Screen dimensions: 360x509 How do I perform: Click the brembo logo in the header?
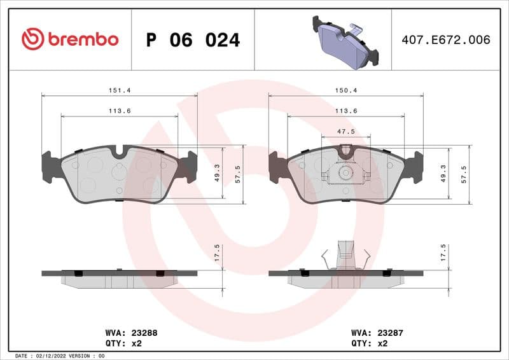tap(70, 39)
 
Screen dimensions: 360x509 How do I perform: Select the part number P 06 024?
tap(193, 40)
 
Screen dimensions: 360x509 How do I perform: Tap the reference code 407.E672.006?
tap(445, 40)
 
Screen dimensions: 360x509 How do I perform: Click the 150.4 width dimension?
tap(346, 90)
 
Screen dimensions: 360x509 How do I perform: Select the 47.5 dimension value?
tap(346, 131)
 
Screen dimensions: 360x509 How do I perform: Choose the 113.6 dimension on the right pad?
tap(346, 111)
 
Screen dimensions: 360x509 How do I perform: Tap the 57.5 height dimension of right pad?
tap(464, 173)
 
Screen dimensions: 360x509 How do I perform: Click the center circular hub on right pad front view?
tap(345, 172)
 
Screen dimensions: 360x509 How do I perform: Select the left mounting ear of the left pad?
tap(46, 167)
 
